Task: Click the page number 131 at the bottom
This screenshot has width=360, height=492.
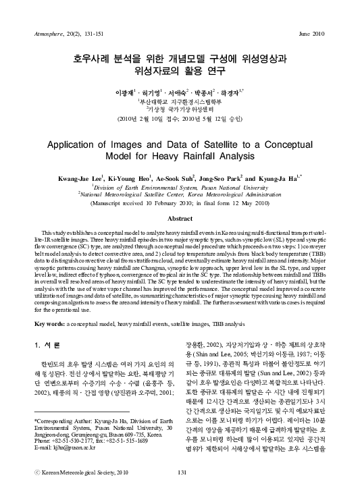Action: point(180,473)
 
